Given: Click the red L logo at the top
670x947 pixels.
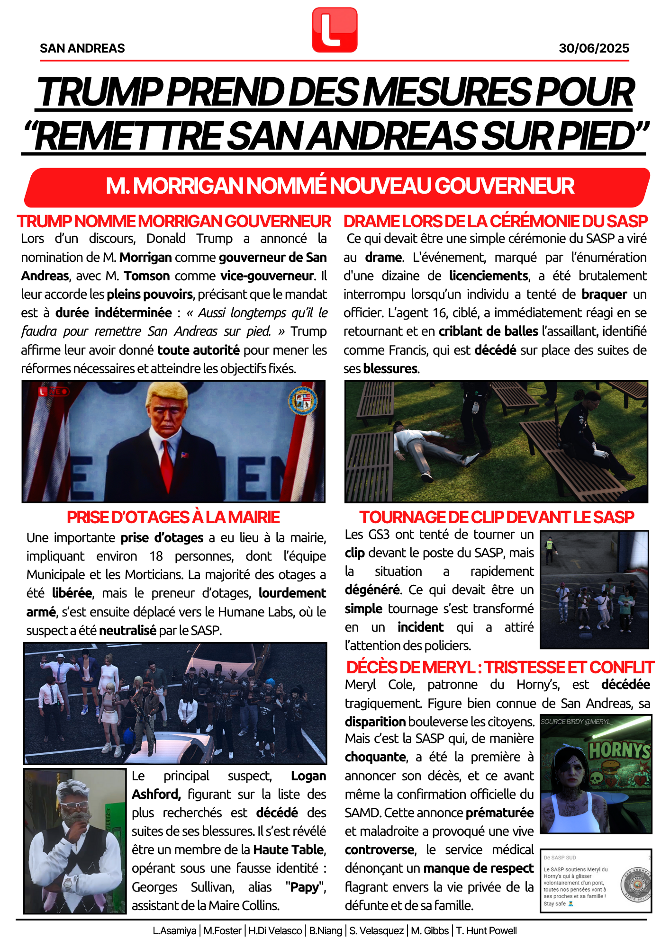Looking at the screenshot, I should (335, 30).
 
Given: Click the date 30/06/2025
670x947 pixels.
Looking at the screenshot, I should (594, 48).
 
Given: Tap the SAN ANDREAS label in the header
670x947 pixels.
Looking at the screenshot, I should (82, 48).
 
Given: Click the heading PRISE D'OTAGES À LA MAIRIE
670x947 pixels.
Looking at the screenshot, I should (173, 517).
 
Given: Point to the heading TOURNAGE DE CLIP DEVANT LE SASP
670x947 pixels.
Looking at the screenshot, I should (497, 517).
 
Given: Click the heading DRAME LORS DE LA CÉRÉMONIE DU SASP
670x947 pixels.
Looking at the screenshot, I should (496, 221).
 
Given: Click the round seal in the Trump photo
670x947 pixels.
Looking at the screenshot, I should (303, 401).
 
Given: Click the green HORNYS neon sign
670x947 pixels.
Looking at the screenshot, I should (619, 751).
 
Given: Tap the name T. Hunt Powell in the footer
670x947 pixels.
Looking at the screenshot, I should (486, 931).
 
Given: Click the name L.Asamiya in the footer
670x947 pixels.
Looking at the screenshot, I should (174, 931).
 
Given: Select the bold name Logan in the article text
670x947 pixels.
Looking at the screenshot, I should (308, 776).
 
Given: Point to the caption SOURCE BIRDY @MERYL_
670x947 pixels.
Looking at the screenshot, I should (576, 722).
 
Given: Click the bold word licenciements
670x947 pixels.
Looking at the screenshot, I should (489, 276).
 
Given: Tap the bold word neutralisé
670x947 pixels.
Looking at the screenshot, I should (127, 630).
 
